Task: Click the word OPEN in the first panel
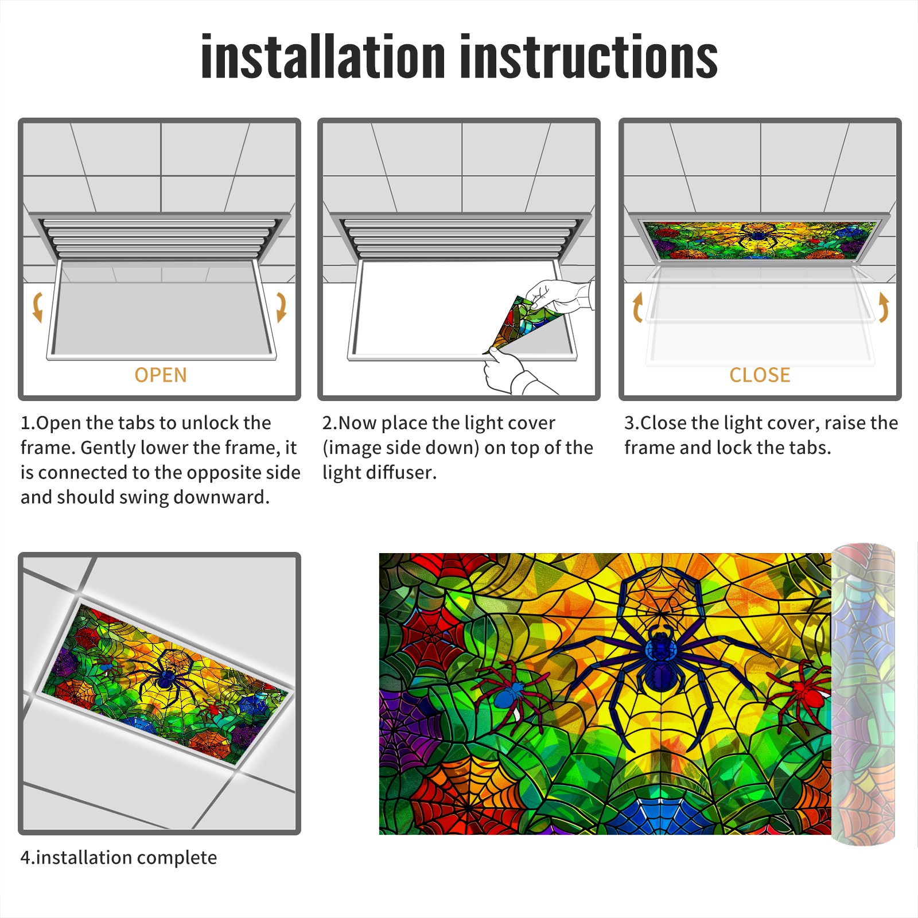pyautogui.click(x=161, y=375)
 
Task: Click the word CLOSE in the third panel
pyautogui.click(x=760, y=375)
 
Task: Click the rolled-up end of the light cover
pyautogui.click(x=863, y=694)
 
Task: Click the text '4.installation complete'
pyautogui.click(x=119, y=858)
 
